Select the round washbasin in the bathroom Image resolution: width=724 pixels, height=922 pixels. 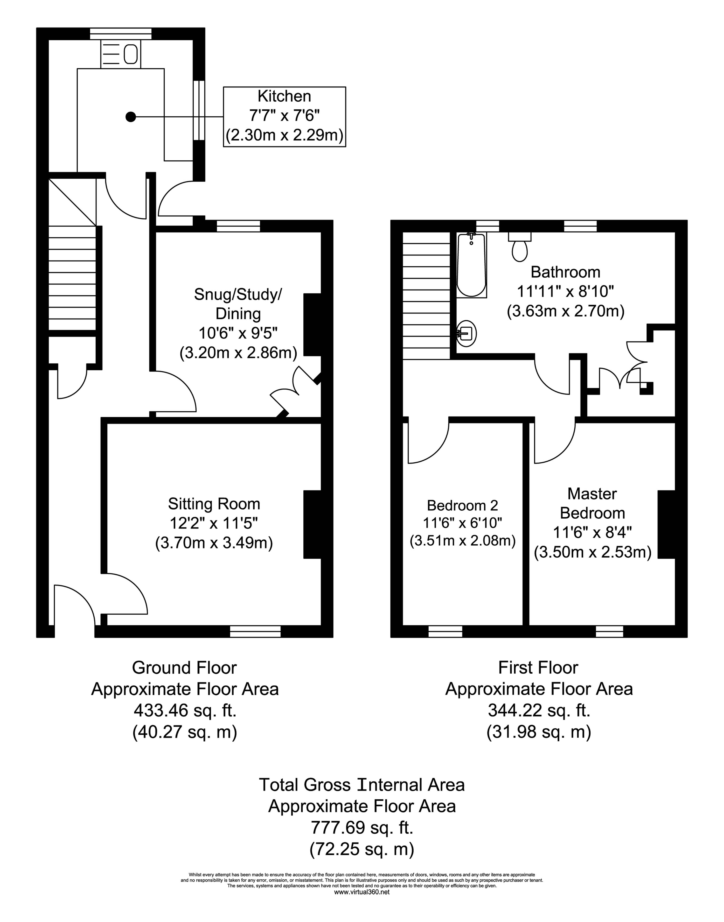tap(467, 334)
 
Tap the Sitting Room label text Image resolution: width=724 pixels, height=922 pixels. tap(214, 504)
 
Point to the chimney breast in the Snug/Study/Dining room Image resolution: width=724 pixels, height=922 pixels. tap(312, 324)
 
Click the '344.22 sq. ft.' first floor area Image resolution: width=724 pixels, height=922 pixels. tap(539, 710)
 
